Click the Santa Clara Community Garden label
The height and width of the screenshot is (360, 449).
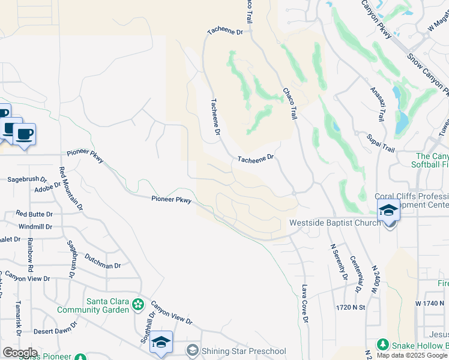[x=92, y=305]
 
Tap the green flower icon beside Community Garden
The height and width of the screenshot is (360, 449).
[x=139, y=305]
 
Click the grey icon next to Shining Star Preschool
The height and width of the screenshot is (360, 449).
[x=192, y=350]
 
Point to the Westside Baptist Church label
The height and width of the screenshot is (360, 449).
[x=335, y=223]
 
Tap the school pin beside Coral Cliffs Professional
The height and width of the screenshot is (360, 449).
[x=388, y=211]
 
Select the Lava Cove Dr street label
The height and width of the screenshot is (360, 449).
[x=305, y=304]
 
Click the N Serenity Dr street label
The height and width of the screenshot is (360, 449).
[x=338, y=262]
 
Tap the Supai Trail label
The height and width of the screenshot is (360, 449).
[x=381, y=143]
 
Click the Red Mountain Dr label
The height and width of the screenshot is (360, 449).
[x=71, y=188]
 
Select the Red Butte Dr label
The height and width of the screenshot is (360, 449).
[x=34, y=214]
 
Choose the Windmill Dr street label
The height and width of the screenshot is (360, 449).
[x=35, y=227]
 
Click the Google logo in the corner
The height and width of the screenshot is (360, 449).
[x=20, y=352]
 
